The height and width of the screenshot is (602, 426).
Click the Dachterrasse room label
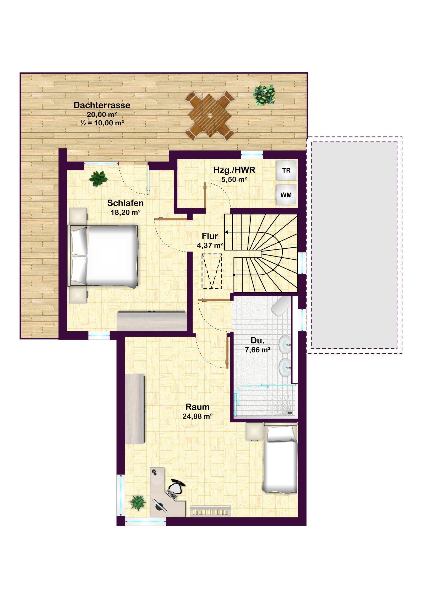pyautogui.click(x=102, y=105)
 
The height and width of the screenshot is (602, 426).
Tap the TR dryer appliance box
pyautogui.click(x=286, y=170)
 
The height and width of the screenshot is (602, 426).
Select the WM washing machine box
pyautogui.click(x=286, y=195)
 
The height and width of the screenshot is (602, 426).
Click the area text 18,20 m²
pyautogui.click(x=125, y=212)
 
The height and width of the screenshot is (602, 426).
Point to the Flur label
pyautogui.click(x=210, y=236)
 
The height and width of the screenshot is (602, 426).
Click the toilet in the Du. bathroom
pyautogui.click(x=282, y=306)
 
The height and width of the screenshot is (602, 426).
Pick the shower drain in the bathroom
pyautogui.click(x=290, y=413)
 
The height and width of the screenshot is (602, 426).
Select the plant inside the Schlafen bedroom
pyautogui.click(x=99, y=179)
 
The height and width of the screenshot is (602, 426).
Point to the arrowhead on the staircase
pyautogui.click(x=226, y=232)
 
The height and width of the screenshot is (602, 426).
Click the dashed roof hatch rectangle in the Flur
pyautogui.click(x=211, y=271)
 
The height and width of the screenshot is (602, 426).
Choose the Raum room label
pyautogui.click(x=197, y=407)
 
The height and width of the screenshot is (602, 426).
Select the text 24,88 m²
pyautogui.click(x=197, y=416)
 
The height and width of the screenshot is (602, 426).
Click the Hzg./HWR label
pyautogui.click(x=234, y=170)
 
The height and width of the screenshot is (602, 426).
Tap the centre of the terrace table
pyautogui.click(x=210, y=115)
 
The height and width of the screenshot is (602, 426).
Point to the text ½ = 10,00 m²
pyautogui.click(x=102, y=123)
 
